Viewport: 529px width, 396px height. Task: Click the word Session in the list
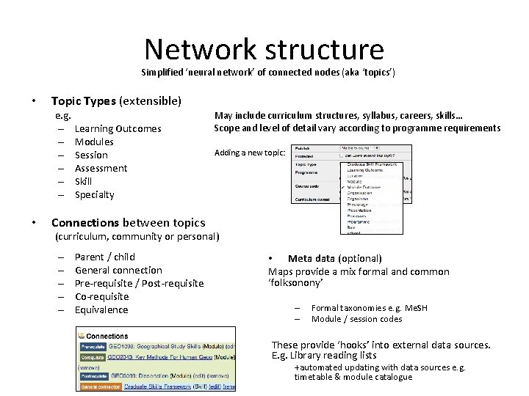point(91,155)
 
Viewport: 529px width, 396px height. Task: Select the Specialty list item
point(95,194)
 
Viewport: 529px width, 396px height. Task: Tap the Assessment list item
point(101,168)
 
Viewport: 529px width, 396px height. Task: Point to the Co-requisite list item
point(101,296)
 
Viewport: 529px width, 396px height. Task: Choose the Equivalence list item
point(101,309)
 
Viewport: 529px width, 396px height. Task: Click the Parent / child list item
point(105,257)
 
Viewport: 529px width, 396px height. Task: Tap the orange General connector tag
point(99,386)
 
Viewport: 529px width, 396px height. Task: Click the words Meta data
point(312,258)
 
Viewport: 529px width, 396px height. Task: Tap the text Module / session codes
point(356,319)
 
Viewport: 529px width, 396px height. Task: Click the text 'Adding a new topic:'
point(243,153)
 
